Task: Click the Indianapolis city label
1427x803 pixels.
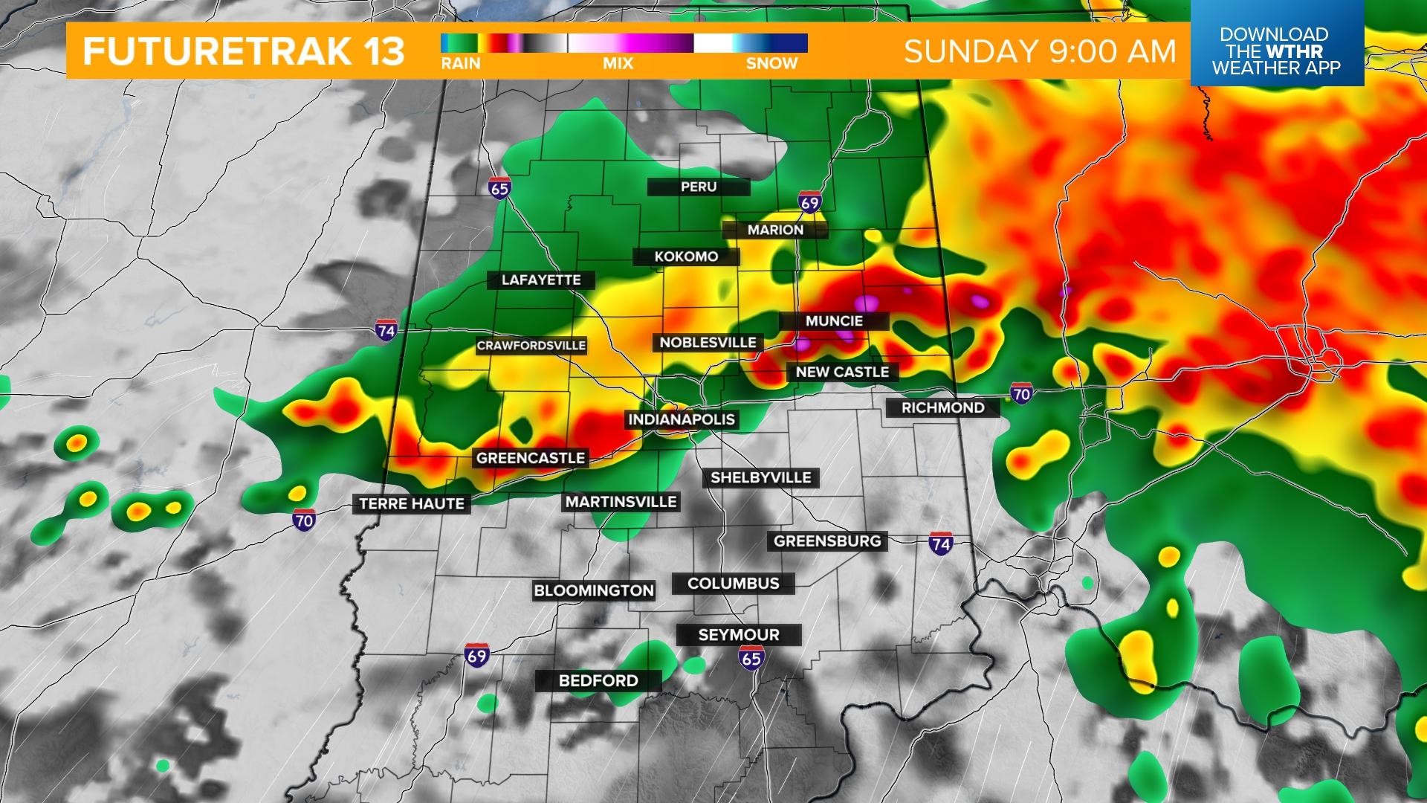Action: pos(682,419)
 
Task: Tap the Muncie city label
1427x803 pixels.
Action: pos(834,321)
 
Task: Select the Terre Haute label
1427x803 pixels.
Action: pos(412,504)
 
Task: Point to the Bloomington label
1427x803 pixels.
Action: pos(594,591)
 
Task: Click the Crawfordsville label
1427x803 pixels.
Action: pos(531,346)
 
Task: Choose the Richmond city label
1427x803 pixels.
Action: pos(942,408)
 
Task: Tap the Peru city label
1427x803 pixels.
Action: pos(699,187)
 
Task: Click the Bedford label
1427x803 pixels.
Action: pos(598,680)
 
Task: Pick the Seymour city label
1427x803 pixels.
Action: pos(739,635)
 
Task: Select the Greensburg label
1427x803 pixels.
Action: pos(827,541)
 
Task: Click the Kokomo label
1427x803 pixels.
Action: pos(686,257)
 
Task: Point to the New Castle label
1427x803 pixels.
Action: pos(842,372)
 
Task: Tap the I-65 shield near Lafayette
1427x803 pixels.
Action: pos(499,188)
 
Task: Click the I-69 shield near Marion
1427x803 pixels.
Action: pos(810,201)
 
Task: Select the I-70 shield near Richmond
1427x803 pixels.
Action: pos(1021,393)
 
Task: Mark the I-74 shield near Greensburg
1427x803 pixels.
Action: pos(941,544)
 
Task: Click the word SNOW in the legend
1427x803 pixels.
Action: pos(771,64)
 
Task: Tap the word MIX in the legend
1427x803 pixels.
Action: pos(618,64)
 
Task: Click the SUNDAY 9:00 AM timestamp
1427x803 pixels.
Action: pos(1040,51)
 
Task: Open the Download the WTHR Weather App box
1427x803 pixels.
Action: pos(1276,51)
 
